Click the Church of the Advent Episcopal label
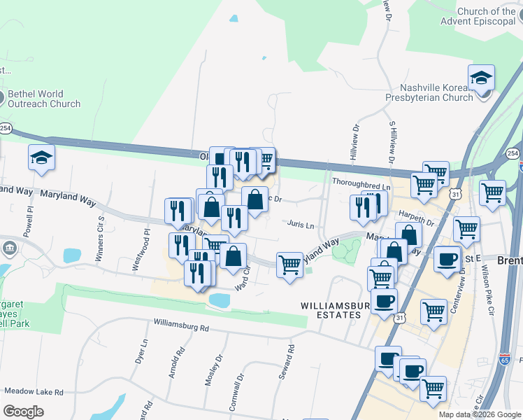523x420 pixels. click(x=478, y=16)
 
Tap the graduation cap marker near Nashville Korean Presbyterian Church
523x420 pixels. click(x=481, y=78)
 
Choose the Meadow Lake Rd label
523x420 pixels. click(x=34, y=391)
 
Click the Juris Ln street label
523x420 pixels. click(x=301, y=225)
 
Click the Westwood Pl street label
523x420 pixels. click(x=141, y=250)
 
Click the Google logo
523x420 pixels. click(x=23, y=411)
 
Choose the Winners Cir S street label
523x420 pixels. click(x=100, y=228)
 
